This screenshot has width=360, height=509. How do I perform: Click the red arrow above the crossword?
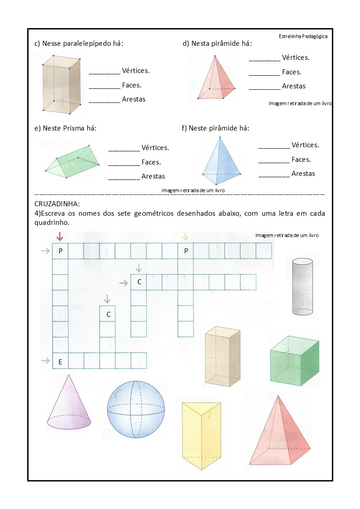click(x=60, y=236)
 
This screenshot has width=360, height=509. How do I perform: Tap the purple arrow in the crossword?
click(x=107, y=299)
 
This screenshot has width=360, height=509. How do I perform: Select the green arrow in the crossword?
click(x=139, y=267)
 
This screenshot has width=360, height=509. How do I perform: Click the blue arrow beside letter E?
click(x=45, y=361)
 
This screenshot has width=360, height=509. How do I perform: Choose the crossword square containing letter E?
click(x=60, y=361)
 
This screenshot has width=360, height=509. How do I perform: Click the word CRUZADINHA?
click(x=57, y=204)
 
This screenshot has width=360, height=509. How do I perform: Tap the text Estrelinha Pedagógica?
click(x=303, y=36)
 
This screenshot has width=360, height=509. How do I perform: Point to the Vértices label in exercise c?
click(x=136, y=71)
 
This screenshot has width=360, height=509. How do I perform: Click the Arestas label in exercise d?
click(x=294, y=86)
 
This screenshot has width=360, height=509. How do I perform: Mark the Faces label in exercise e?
click(x=151, y=162)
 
